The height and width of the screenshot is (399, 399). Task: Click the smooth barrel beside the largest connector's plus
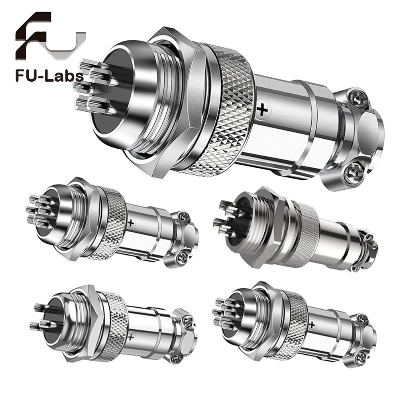(x=279, y=120)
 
